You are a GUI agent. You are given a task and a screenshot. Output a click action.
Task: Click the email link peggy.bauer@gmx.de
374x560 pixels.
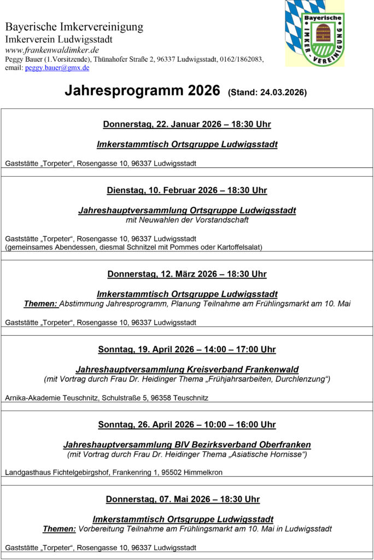pyautogui.click(x=57, y=68)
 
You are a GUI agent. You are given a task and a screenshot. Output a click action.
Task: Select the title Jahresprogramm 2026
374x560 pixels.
pyautogui.click(x=142, y=91)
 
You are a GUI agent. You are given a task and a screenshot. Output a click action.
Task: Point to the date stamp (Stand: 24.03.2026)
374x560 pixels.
pyautogui.click(x=267, y=92)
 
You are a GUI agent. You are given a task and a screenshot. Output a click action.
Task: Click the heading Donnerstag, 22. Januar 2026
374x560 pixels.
pyautogui.click(x=187, y=125)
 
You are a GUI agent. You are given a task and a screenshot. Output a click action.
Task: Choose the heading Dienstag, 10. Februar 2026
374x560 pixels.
pyautogui.click(x=187, y=191)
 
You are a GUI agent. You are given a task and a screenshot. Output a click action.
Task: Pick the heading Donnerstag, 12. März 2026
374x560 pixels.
pyautogui.click(x=187, y=275)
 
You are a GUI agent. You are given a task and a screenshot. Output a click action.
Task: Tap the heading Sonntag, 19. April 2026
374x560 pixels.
pyautogui.click(x=187, y=349)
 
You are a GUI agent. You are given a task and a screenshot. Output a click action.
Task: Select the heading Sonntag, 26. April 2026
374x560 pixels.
pyautogui.click(x=187, y=425)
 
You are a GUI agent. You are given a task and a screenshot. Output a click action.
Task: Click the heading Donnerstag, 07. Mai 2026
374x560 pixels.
pyautogui.click(x=183, y=499)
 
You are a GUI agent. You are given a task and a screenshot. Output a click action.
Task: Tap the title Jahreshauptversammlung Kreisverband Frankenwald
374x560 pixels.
pyautogui.click(x=187, y=370)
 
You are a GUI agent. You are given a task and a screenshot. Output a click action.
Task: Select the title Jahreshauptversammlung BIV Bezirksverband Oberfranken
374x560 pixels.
pyautogui.click(x=187, y=445)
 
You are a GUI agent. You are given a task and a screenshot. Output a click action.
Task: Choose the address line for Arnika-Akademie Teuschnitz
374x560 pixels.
pyautogui.click(x=107, y=398)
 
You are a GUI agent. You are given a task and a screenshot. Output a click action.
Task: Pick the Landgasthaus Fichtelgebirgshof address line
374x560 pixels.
pyautogui.click(x=114, y=472)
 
